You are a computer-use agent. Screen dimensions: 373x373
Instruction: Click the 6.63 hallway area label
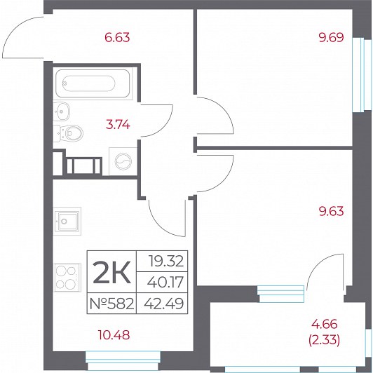coord(117,38)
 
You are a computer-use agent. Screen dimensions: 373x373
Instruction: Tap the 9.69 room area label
coord(332,37)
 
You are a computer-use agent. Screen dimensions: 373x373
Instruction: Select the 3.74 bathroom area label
coord(118,125)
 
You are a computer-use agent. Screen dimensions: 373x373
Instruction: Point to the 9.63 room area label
coord(332,211)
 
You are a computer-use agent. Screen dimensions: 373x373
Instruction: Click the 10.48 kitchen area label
coord(114,335)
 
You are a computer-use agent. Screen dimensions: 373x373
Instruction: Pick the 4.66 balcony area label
coord(325,324)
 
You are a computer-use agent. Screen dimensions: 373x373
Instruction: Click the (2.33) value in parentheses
coord(324,340)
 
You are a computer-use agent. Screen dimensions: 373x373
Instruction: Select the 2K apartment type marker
coord(111,272)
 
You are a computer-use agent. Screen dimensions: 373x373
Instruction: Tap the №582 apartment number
coord(111,304)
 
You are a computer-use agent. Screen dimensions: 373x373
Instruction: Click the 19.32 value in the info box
coord(166,261)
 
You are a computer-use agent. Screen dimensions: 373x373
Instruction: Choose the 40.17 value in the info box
coord(165,282)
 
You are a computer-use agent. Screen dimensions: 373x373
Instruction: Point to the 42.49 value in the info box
coord(164,304)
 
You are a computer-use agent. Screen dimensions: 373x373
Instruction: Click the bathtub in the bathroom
coord(93,83)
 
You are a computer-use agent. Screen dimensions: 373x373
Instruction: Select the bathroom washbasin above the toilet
coord(62,111)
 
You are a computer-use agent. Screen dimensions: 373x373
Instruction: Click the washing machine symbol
coord(123,161)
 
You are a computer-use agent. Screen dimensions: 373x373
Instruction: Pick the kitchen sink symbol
coord(67,221)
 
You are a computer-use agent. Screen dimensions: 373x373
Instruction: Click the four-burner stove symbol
coord(68,278)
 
